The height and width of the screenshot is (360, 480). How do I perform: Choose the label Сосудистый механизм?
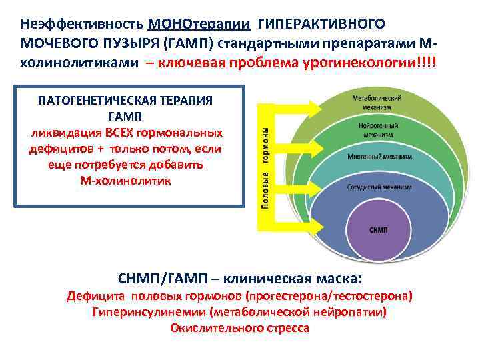(379, 187)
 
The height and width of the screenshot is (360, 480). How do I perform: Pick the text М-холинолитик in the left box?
(125, 181)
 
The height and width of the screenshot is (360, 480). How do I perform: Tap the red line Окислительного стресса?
(239, 327)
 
